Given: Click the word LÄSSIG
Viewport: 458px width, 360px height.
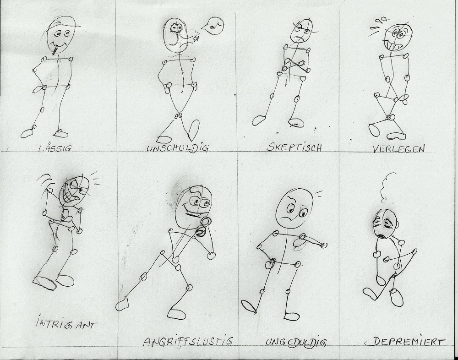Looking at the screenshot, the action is point(55,148).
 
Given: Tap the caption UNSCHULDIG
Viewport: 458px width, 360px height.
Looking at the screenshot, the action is point(178,148).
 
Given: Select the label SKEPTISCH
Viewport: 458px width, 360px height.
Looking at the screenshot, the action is point(294,147).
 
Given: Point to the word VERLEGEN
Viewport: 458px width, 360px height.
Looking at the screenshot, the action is point(399,149).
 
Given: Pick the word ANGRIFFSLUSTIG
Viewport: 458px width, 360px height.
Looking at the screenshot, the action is point(188,341).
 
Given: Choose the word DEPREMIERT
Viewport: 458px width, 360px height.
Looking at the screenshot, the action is point(408,341).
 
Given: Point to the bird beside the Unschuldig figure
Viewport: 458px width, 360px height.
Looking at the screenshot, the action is point(213,26).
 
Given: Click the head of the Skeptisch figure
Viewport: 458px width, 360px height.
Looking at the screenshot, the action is point(301,31).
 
